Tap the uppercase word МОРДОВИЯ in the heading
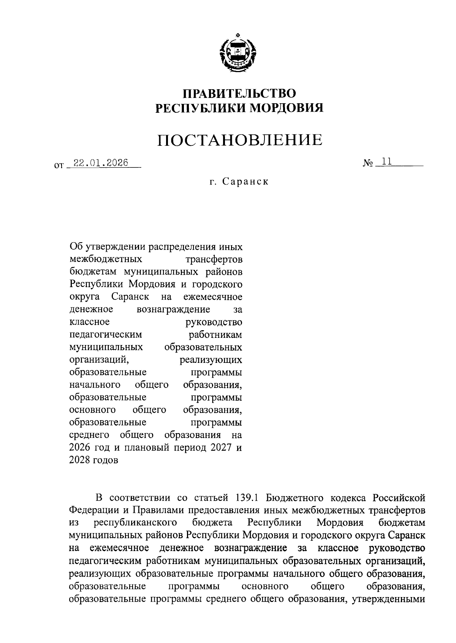click(286, 109)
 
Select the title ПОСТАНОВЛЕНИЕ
click(240, 140)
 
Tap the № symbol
click(368, 164)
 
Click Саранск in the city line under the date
click(245, 181)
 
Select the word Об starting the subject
click(76, 247)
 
